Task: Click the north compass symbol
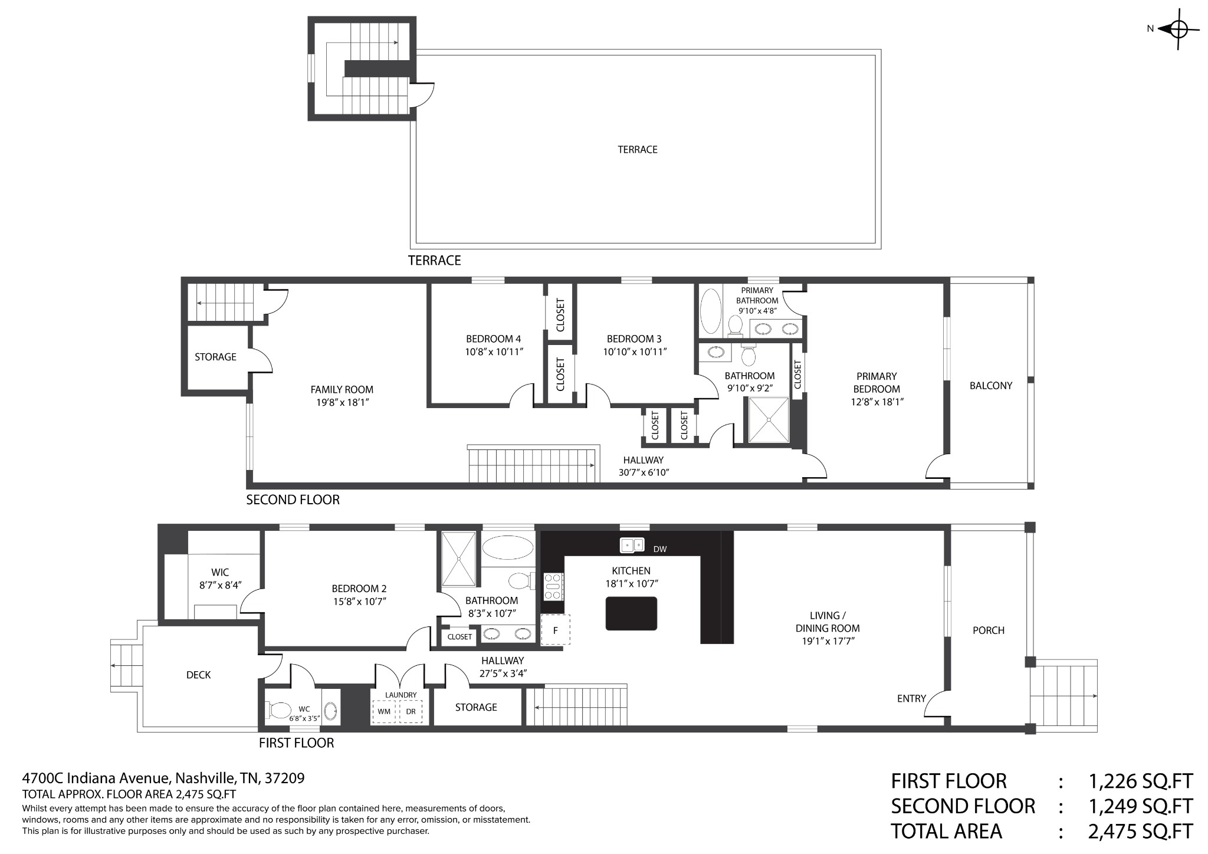[1178, 29]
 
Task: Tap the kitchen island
[631, 613]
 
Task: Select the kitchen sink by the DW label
[632, 546]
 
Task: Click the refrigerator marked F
[555, 629]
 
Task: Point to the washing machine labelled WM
[384, 711]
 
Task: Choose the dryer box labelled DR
[411, 711]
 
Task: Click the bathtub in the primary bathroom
[711, 310]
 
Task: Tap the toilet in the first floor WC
[279, 710]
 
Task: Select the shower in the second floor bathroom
[769, 419]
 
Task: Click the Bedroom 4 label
[494, 339]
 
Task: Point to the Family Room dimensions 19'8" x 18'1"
[343, 402]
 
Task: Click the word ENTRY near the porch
[911, 699]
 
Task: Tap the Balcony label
[991, 386]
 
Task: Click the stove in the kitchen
[553, 587]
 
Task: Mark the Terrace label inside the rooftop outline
[638, 150]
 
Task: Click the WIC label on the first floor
[220, 572]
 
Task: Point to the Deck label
[198, 675]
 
